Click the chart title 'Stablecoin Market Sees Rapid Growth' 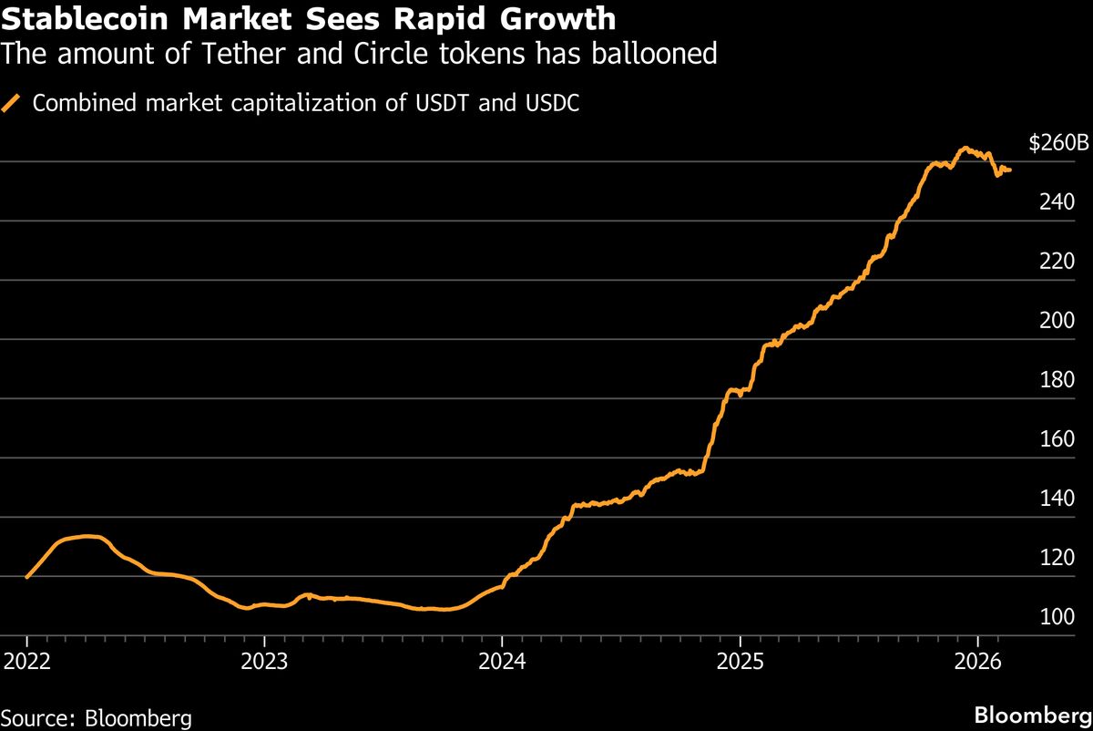[309, 19]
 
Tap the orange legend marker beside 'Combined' [13, 103]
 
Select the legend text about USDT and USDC [306, 103]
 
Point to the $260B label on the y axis [1058, 143]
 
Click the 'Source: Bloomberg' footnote [97, 717]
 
